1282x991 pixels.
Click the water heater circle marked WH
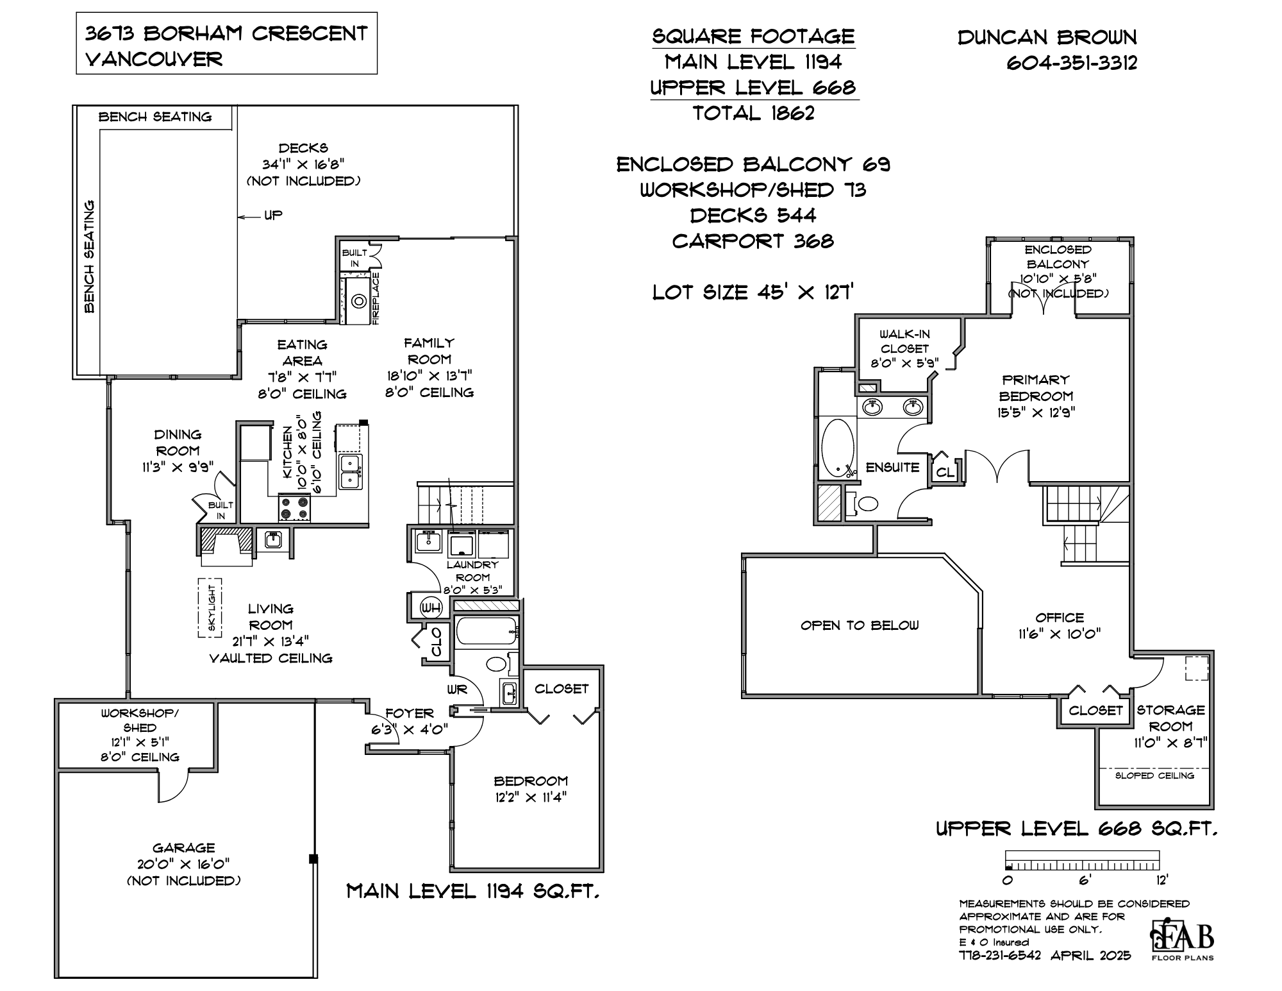430,607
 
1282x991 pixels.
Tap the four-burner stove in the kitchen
295,509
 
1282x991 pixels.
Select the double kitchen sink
351,471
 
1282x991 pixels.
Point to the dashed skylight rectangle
210,607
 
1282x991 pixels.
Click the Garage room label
183,848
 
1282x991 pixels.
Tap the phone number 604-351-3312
1072,63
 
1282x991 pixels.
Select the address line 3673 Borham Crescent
226,33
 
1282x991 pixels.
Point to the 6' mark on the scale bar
1084,880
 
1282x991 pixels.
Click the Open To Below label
860,625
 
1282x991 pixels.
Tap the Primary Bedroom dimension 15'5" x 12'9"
1036,412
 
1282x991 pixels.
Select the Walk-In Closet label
904,341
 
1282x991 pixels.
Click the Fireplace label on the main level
376,298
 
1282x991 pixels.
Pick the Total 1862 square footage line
753,114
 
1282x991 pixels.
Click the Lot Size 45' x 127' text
753,292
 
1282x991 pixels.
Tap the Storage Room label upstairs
1170,718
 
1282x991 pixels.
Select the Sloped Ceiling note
1154,775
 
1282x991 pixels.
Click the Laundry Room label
472,571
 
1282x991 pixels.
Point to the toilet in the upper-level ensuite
866,503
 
